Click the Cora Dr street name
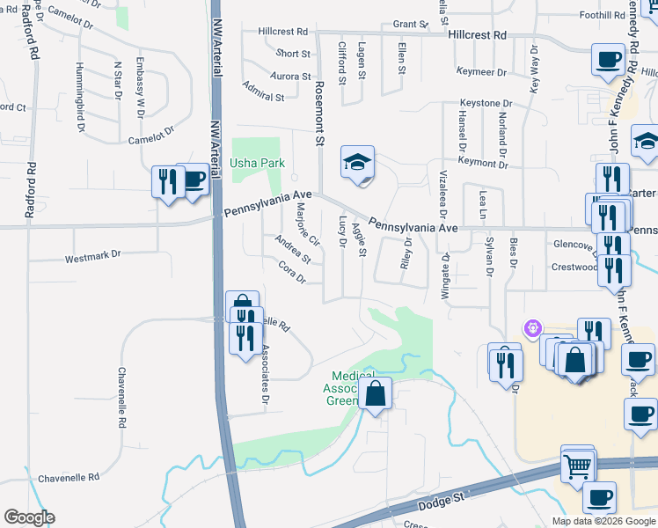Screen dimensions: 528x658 pyautogui.click(x=291, y=273)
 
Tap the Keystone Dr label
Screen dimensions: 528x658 pyautogui.click(x=483, y=103)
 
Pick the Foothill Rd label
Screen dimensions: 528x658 pyautogui.click(x=602, y=15)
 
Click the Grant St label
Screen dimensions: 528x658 pyautogui.click(x=410, y=24)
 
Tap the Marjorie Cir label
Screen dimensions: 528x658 pyautogui.click(x=307, y=224)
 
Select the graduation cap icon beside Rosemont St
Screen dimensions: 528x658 pyautogui.click(x=358, y=164)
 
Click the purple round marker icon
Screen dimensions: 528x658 pyautogui.click(x=531, y=329)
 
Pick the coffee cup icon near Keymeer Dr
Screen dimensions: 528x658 pyautogui.click(x=608, y=60)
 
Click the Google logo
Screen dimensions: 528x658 pyautogui.click(x=29, y=517)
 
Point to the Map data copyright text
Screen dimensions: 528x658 pyautogui.click(x=603, y=521)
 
